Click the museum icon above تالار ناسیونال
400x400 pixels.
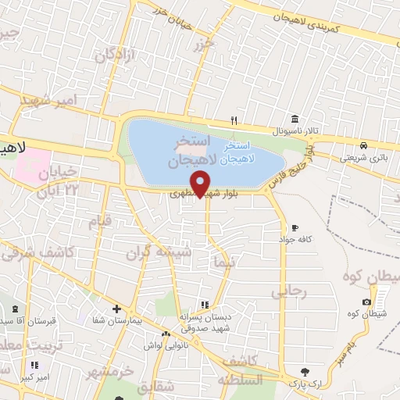[x=295, y=119]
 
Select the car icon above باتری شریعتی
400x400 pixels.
[x=364, y=146]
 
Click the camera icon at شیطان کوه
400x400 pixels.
[x=367, y=302]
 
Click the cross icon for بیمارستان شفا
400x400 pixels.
[x=116, y=309]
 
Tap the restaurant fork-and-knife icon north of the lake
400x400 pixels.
[x=234, y=120]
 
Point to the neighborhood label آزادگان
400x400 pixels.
[x=116, y=55]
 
